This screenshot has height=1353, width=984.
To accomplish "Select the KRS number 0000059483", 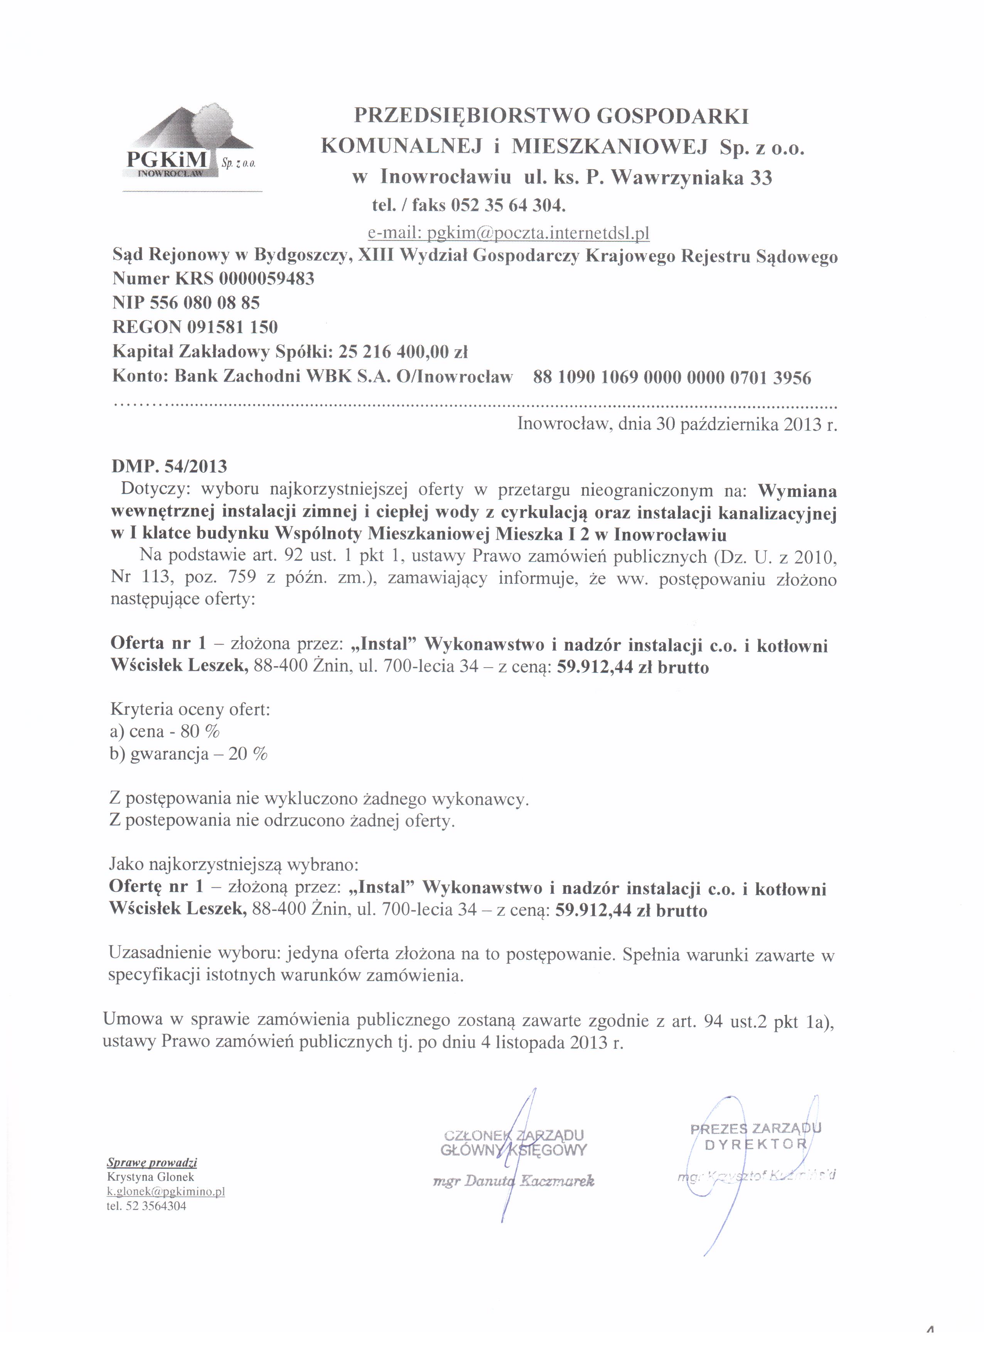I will tap(266, 279).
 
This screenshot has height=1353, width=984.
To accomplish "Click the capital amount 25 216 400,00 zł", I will tap(403, 352).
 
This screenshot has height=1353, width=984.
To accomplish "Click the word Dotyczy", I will tap(155, 490).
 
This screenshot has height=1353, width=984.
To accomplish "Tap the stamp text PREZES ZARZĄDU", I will tap(755, 1128).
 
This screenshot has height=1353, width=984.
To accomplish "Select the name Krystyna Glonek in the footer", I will tap(151, 1177).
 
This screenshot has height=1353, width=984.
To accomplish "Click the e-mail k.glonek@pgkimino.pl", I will tap(166, 1191).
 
